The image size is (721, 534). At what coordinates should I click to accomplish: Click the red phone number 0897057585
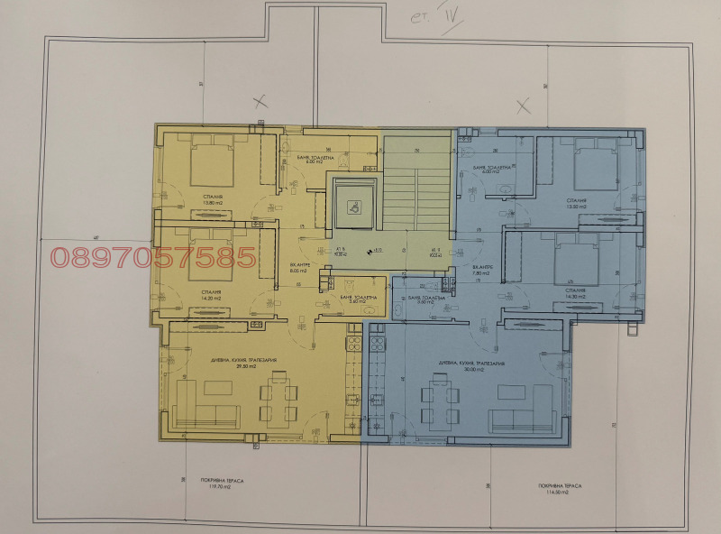click(x=153, y=258)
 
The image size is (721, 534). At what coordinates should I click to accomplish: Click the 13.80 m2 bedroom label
click(x=213, y=201)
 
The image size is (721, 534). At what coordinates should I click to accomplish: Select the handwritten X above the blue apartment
click(x=522, y=106)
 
